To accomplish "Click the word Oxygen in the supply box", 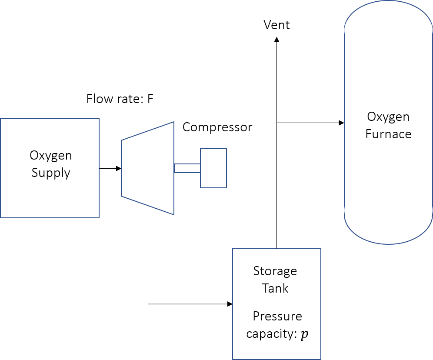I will click(x=50, y=156).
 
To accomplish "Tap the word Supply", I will click(x=50, y=173).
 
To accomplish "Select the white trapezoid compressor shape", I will click(x=148, y=168).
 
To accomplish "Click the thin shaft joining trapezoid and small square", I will click(x=187, y=168).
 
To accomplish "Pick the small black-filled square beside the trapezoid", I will click(x=213, y=168).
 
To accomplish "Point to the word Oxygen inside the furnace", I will click(x=388, y=117).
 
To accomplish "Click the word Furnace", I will click(x=388, y=134).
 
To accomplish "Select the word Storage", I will click(x=275, y=271).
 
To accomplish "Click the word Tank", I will click(x=275, y=288).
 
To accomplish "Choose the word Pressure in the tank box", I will click(x=277, y=316).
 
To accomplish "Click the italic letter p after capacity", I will click(x=305, y=334).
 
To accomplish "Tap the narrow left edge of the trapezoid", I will click(x=122, y=168).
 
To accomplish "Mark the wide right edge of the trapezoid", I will click(x=174, y=168).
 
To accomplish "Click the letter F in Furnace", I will click(x=368, y=134).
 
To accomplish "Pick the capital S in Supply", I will click(x=35, y=173).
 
